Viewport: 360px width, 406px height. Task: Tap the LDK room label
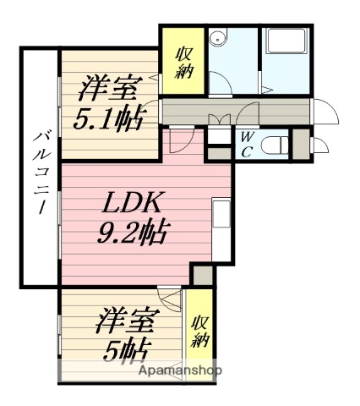tap(128, 203)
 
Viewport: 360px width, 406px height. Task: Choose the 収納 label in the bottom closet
tap(199, 332)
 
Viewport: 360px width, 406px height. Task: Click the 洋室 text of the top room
tap(106, 88)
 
